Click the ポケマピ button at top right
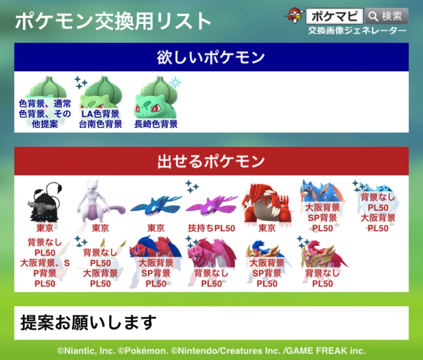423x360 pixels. pyautogui.click(x=335, y=16)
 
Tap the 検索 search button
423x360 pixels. pyautogui.click(x=386, y=16)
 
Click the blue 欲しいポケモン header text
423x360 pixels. pyautogui.click(x=211, y=57)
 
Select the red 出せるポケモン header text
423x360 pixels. pyautogui.click(x=211, y=161)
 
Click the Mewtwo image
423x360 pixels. pyautogui.click(x=100, y=205)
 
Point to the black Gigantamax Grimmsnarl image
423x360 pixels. pyautogui.click(x=45, y=202)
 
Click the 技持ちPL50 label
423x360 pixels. pyautogui.click(x=211, y=228)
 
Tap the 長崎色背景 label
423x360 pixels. pyautogui.click(x=156, y=124)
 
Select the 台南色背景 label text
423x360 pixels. pyautogui.click(x=100, y=124)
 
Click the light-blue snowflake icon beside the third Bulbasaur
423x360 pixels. pyautogui.click(x=175, y=82)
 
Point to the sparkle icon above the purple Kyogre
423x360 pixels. pyautogui.click(x=192, y=187)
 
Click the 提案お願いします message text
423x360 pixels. pyautogui.click(x=88, y=323)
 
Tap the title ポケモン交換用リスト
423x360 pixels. pyautogui.click(x=113, y=21)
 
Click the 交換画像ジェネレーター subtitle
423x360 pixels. pyautogui.click(x=357, y=30)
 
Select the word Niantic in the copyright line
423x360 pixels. pyautogui.click(x=80, y=351)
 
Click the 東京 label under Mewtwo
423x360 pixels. pyautogui.click(x=100, y=228)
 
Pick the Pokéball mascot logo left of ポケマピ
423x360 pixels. pyautogui.click(x=294, y=16)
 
